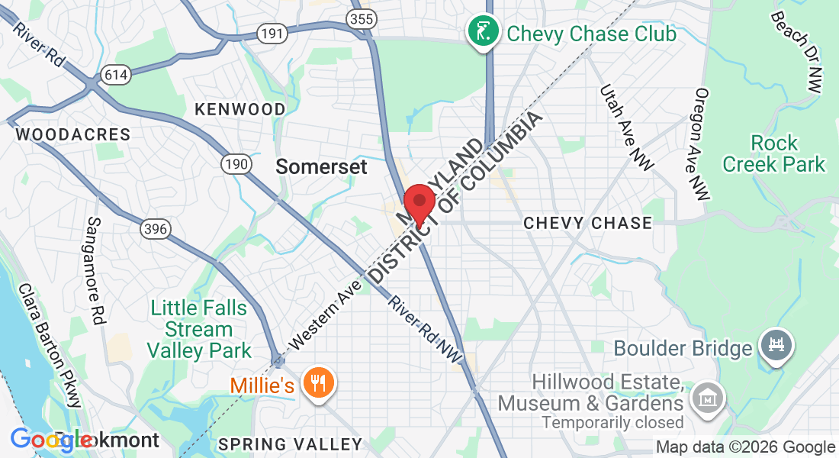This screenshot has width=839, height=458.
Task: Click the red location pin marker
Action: [419, 204]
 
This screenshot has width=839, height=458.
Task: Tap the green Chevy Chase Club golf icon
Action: [483, 32]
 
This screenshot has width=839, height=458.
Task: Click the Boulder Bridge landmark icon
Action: [776, 346]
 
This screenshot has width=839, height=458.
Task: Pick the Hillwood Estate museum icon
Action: [706, 397]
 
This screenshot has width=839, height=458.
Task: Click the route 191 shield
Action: [272, 33]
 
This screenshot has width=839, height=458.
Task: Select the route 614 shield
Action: [118, 75]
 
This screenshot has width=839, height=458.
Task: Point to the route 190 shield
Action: [236, 164]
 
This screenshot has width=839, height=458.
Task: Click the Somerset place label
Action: [321, 166]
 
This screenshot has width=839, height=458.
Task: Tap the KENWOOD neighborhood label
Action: [239, 109]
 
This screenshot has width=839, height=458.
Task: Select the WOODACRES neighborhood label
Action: [73, 134]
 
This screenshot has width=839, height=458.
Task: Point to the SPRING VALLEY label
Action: [290, 444]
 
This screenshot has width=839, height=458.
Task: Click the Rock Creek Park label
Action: [774, 153]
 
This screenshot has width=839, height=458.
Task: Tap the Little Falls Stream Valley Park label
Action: [199, 330]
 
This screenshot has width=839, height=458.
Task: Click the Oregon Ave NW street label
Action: [702, 144]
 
